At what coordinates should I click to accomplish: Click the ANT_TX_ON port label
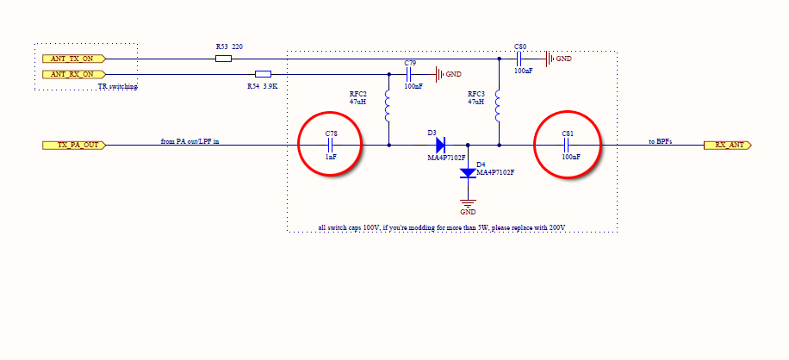coord(74,59)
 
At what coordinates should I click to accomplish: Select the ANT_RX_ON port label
coord(74,75)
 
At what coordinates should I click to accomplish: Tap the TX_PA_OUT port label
coord(74,146)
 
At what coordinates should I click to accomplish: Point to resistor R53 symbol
coord(223,59)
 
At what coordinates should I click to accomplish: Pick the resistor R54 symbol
coord(264,75)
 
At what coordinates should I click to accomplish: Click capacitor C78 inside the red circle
coord(331,146)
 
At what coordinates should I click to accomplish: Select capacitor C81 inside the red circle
coord(568,146)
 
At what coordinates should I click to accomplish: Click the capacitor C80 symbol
coord(520,59)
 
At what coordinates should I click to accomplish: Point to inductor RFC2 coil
coord(388,109)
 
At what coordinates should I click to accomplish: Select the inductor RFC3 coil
coord(499,109)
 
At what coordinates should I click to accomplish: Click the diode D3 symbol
coord(441,146)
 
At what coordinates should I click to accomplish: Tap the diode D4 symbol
coord(468,172)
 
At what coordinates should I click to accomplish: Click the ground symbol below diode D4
coord(468,203)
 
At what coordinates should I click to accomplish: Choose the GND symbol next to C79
coord(441,75)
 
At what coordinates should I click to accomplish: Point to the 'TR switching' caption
coord(118,87)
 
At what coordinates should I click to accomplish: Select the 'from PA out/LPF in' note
coord(189,140)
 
